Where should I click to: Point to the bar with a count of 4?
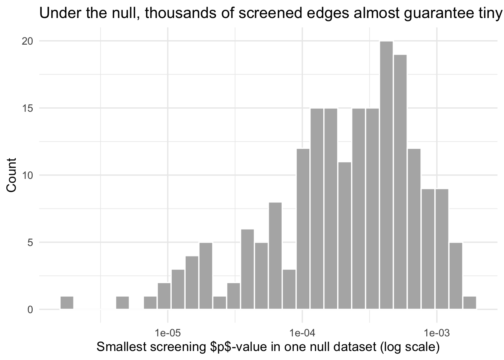(x=192, y=283)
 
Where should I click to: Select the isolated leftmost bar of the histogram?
(x=67, y=303)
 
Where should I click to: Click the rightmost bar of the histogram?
(x=469, y=303)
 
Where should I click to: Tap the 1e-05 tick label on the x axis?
(x=168, y=333)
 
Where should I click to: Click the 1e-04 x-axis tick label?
(x=302, y=333)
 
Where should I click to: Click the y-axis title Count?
(x=12, y=175)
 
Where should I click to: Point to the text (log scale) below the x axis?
(x=409, y=347)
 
